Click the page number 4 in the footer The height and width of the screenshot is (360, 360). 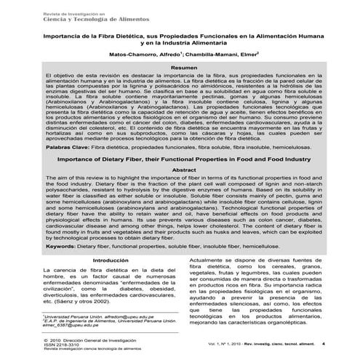coord(321,345)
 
